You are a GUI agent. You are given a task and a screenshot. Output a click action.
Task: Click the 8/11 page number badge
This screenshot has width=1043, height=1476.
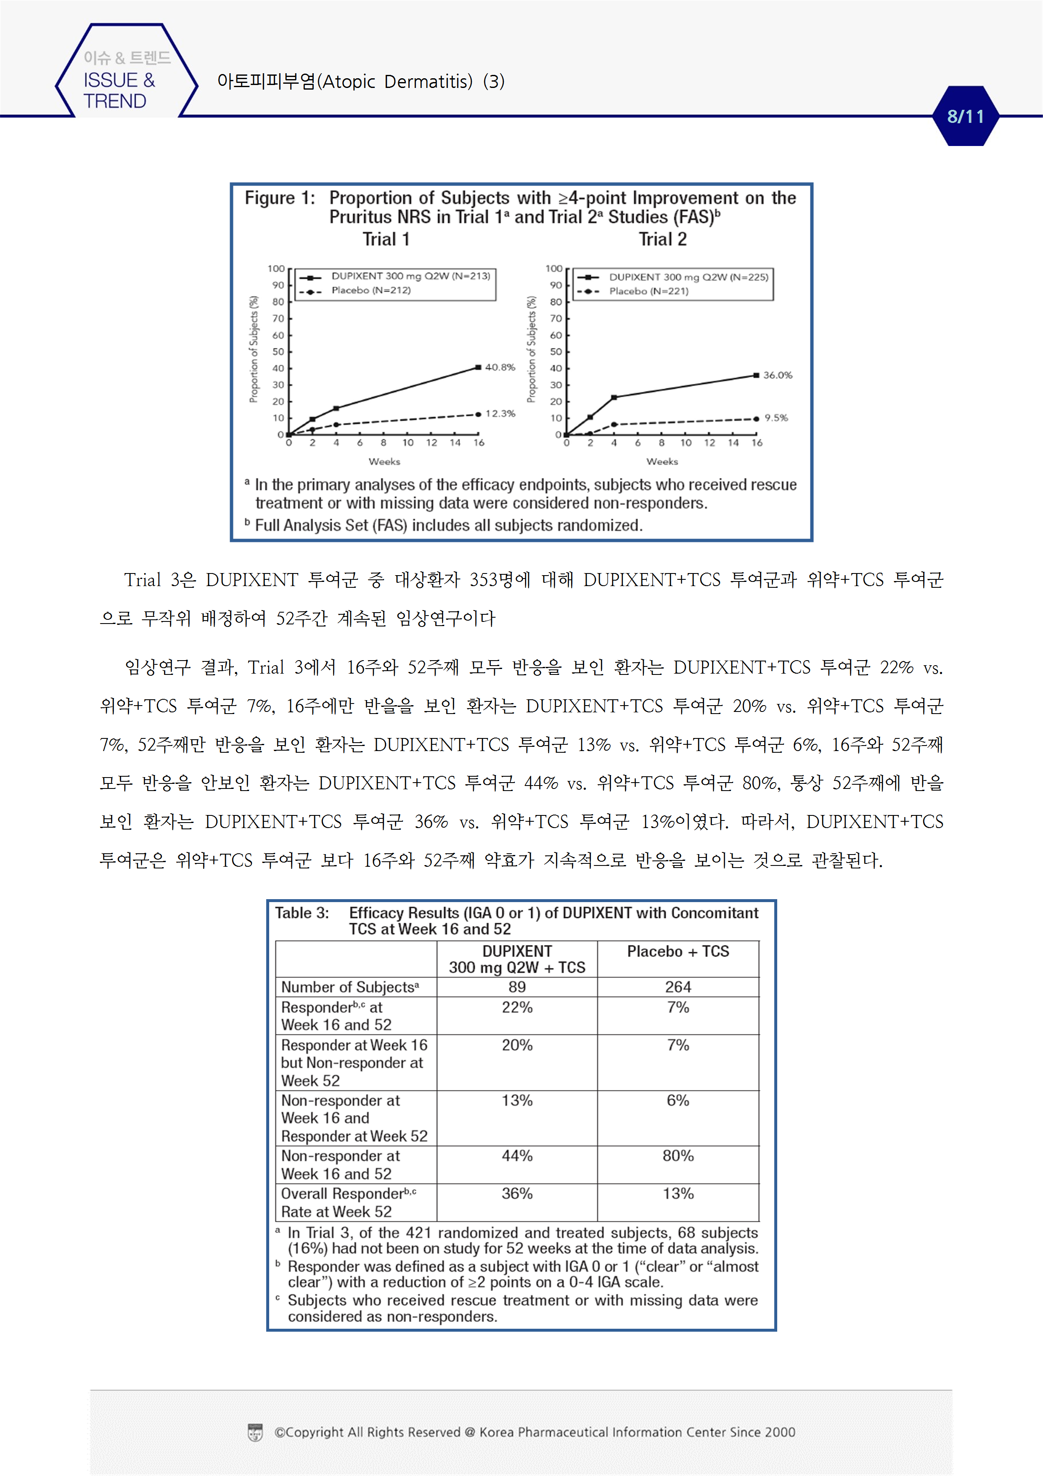coord(965,117)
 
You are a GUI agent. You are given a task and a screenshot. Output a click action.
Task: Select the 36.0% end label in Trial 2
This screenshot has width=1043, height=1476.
coord(778,375)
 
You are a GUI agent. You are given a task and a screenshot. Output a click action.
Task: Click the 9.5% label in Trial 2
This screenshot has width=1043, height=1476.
coord(776,418)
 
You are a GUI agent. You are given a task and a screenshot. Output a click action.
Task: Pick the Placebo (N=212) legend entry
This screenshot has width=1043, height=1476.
coord(371,291)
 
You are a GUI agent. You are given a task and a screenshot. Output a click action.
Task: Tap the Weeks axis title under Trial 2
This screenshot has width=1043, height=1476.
coord(662,462)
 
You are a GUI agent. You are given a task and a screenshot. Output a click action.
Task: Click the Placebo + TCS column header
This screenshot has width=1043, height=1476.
coord(678,951)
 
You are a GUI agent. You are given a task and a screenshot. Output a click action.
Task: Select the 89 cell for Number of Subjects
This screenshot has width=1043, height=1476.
coord(517,987)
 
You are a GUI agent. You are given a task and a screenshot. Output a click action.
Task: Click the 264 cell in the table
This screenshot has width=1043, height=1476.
coord(678,987)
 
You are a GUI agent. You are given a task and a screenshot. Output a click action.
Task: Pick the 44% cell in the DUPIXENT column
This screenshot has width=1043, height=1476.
coord(517,1156)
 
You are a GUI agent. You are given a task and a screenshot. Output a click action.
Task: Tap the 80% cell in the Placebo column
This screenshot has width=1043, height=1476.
coord(678,1156)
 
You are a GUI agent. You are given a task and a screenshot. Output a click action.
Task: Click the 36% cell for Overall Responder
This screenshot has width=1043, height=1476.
coord(517,1194)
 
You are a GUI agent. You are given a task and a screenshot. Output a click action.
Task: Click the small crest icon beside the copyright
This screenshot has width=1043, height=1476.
coord(255,1432)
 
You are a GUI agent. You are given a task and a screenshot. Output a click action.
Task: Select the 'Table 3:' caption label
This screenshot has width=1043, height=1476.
coord(302,913)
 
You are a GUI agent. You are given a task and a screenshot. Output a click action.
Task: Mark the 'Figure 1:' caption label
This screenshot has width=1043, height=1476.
coord(280,198)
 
